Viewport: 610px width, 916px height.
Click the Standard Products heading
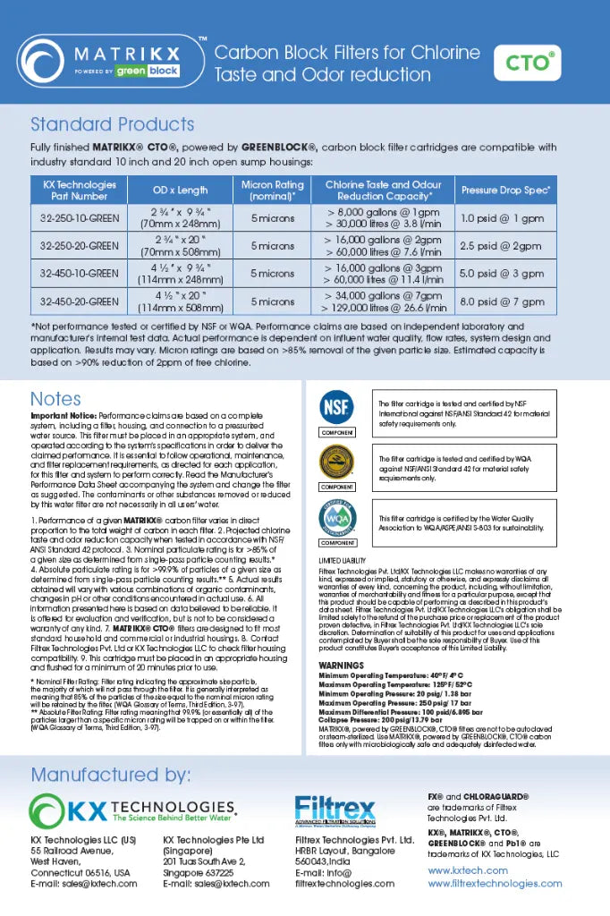click(x=112, y=124)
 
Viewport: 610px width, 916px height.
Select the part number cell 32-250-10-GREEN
click(x=80, y=218)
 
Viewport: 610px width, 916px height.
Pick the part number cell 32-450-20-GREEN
click(x=80, y=301)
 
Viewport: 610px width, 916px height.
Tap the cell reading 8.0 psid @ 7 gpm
click(x=503, y=301)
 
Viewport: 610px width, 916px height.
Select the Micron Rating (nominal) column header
click(x=272, y=191)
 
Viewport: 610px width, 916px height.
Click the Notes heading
click(x=55, y=399)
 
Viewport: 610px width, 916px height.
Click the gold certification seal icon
click(x=336, y=463)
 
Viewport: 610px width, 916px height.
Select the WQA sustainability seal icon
click(x=336, y=518)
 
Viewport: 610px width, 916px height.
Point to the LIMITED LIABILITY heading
click(x=343, y=560)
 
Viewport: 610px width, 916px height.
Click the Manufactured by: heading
click(x=110, y=773)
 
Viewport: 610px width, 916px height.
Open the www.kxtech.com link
click(x=467, y=869)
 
